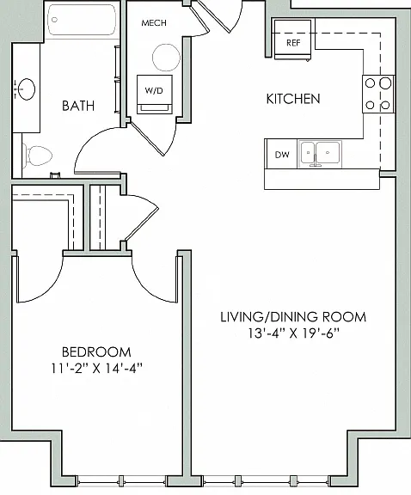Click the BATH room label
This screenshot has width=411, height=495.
point(78,106)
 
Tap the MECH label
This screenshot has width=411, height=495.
point(154,22)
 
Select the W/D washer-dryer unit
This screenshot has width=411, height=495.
point(155,94)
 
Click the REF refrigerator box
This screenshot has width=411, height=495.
point(293,40)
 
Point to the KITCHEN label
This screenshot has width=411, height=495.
point(293,99)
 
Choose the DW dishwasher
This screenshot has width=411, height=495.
point(281,155)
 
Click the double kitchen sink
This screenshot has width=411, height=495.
point(320,154)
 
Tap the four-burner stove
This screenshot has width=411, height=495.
point(378,94)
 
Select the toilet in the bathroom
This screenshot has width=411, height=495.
point(37,156)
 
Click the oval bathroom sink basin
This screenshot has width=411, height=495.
point(26,89)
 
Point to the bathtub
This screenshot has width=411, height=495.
point(82,20)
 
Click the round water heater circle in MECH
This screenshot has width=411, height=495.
point(166,58)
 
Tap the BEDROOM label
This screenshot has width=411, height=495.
point(96,352)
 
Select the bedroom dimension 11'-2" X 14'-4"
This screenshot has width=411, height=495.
point(96,368)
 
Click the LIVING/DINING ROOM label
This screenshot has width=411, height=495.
point(293,317)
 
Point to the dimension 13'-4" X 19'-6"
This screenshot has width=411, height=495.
point(293,333)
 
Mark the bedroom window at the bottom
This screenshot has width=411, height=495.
point(120,481)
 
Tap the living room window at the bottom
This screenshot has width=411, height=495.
point(266,481)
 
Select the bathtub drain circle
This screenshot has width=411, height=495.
point(54,20)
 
